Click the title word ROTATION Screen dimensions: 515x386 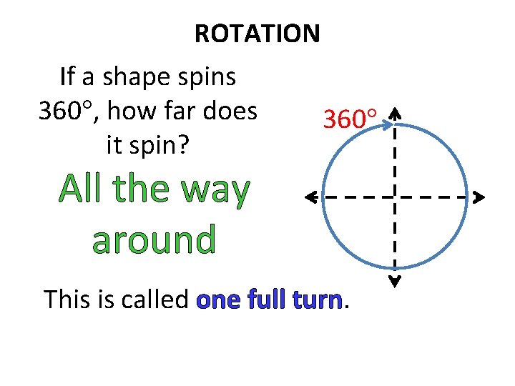pos(257,33)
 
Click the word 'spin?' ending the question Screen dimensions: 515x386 pos(147,145)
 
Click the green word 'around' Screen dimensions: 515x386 pos(154,240)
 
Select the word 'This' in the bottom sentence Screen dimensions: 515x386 pos(69,299)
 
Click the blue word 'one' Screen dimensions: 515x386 pos(218,300)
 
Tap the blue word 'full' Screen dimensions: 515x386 pos(268,299)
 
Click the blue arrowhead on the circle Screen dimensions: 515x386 pos(387,127)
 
